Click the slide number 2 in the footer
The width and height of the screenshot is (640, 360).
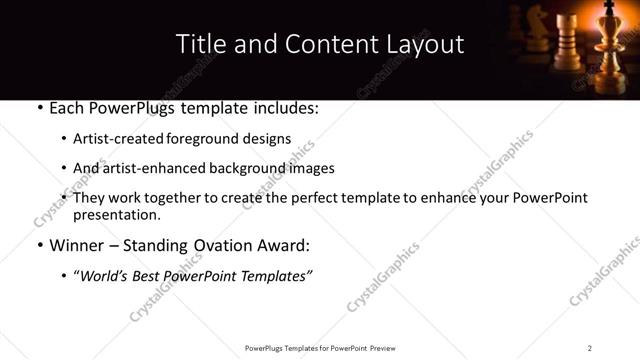click(x=590, y=347)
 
